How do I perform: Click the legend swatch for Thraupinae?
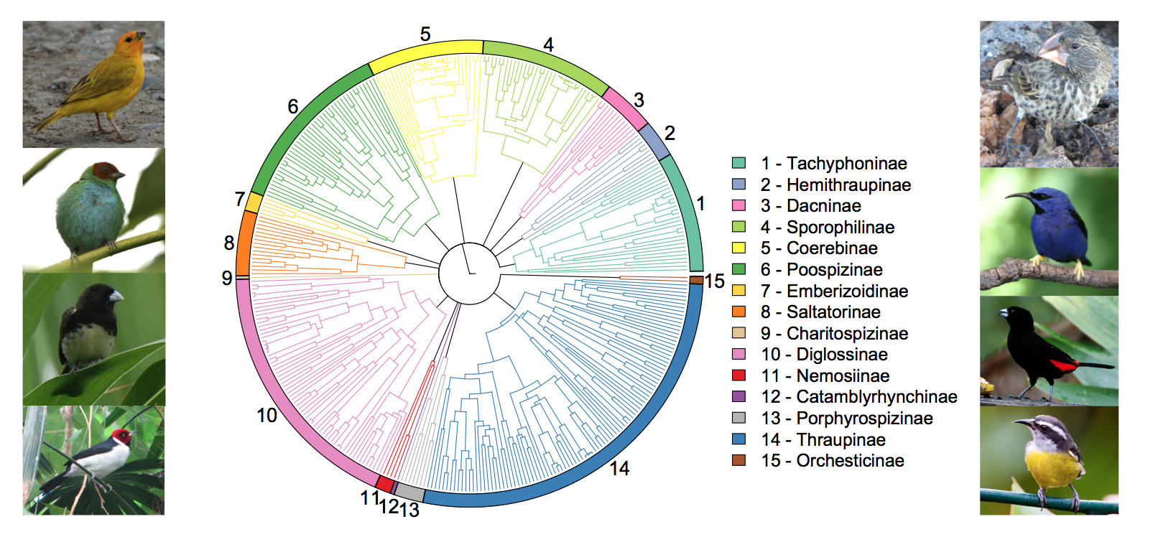click(738, 439)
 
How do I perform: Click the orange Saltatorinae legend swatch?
click(738, 312)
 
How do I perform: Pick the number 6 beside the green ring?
click(292, 107)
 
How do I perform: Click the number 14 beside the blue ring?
click(619, 469)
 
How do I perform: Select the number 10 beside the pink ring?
click(267, 416)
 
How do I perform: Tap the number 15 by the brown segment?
click(714, 281)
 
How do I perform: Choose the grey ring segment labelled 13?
click(409, 493)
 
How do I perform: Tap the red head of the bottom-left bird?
click(123, 436)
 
